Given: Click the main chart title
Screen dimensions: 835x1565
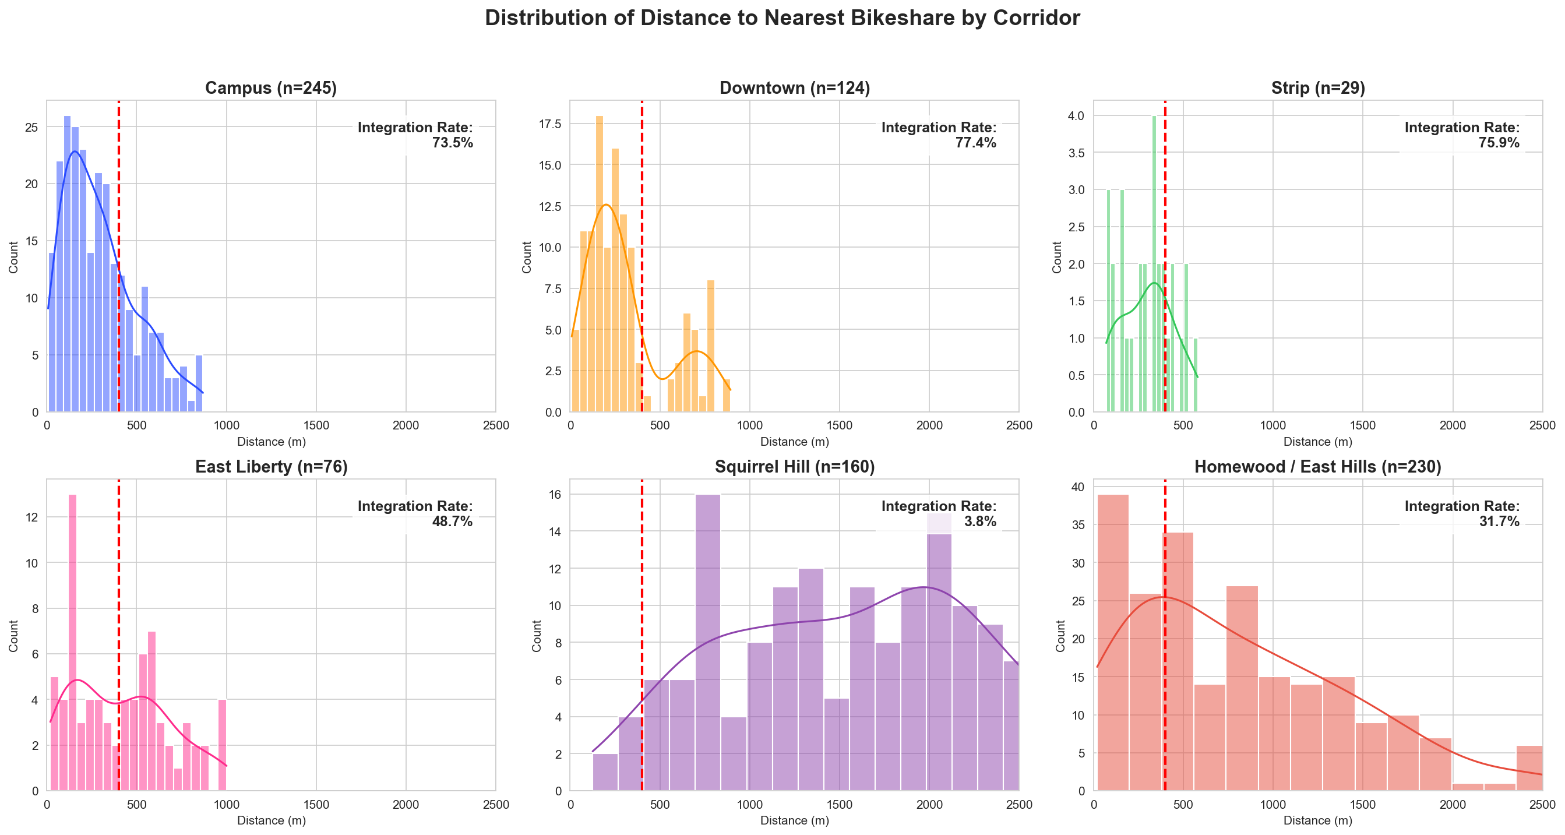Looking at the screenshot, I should pyautogui.click(x=782, y=18).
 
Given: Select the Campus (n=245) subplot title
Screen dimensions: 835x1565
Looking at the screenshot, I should pyautogui.click(x=271, y=88).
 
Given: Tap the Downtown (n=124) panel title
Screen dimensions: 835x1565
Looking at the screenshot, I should pyautogui.click(x=794, y=88).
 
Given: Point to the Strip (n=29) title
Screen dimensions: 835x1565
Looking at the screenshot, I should pyautogui.click(x=1318, y=88).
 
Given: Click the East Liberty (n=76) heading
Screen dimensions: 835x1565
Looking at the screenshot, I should pyautogui.click(x=271, y=467).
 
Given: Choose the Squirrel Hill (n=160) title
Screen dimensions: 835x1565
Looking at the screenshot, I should pyautogui.click(x=794, y=467).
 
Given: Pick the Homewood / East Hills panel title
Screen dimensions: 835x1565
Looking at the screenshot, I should pyautogui.click(x=1318, y=467).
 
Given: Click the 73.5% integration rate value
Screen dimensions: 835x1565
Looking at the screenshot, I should pyautogui.click(x=452, y=143).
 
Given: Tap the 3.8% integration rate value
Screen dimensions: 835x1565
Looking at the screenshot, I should pyautogui.click(x=980, y=522).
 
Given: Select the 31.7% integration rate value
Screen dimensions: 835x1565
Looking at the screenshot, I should pyautogui.click(x=1499, y=522).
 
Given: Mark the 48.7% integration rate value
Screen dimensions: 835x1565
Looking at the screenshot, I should pyautogui.click(x=452, y=522).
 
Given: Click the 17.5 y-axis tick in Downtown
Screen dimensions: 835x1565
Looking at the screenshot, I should pyautogui.click(x=554, y=124).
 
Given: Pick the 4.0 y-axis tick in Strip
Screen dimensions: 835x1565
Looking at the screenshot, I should pyautogui.click(x=1076, y=115).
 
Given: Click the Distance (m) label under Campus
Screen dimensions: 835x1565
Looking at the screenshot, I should pyautogui.click(x=271, y=442).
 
